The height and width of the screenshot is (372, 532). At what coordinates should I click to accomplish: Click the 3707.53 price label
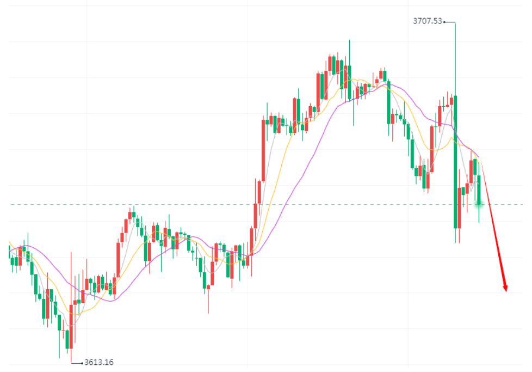428,22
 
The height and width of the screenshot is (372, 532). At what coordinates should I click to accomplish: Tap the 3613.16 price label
99,363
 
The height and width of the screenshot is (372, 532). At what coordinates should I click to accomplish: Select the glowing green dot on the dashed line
479,204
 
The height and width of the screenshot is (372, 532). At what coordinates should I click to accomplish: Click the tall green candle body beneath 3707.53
455,163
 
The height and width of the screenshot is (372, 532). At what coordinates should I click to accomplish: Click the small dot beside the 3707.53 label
444,22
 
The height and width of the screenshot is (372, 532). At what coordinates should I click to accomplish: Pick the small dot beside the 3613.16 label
82,363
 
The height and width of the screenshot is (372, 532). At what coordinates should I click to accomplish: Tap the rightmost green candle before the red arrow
479,188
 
